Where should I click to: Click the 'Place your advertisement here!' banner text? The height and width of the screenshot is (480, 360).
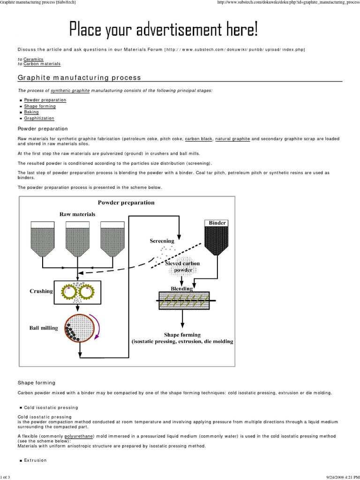[x=164, y=30]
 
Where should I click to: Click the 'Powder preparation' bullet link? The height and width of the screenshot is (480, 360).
[x=45, y=100]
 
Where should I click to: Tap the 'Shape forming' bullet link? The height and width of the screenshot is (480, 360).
[x=39, y=106]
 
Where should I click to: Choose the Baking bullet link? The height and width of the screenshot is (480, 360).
[x=31, y=112]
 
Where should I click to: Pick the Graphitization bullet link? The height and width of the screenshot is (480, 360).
[x=39, y=118]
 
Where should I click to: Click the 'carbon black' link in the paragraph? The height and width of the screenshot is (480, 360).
[x=199, y=139]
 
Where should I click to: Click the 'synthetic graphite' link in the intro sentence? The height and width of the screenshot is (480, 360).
[x=70, y=90]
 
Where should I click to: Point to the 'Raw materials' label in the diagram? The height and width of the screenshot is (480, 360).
[x=77, y=214]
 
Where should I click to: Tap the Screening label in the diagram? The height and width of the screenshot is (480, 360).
[x=162, y=241]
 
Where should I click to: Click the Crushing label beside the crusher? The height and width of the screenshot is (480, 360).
[x=41, y=291]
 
